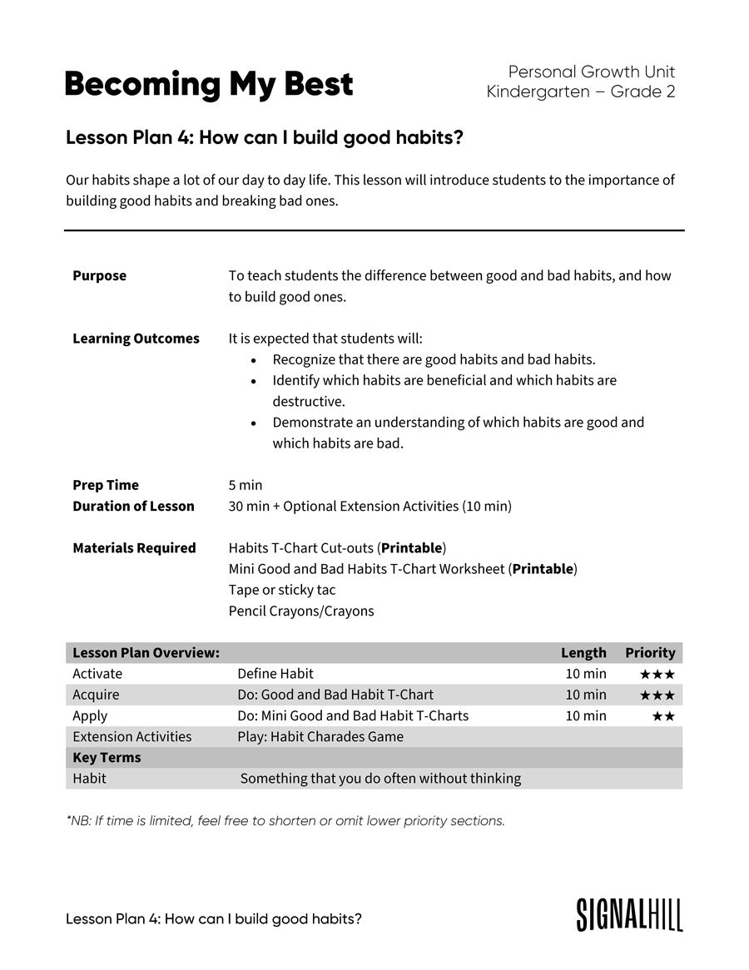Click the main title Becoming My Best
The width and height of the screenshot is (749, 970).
coord(208,84)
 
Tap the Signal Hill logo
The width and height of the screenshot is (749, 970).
coord(629,914)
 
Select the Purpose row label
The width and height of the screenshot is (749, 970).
coord(99,275)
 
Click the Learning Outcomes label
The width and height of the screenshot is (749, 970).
coord(136,339)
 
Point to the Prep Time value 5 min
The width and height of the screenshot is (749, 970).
coord(245,485)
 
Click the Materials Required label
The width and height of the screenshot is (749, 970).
coord(134,548)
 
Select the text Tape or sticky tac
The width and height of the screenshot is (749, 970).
coord(282,590)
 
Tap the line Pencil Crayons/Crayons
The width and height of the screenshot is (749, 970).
coord(301,611)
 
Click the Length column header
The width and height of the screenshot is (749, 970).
coord(583,653)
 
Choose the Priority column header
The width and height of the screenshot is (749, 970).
coord(650,653)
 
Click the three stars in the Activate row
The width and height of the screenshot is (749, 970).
coord(657,674)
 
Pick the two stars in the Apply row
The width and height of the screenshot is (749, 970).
coord(662,716)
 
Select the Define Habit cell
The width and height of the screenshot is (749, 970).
coord(275,674)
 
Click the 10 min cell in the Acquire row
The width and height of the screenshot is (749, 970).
coord(586,695)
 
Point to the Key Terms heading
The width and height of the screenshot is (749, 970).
coord(107,758)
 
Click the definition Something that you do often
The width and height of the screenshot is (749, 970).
coord(380,779)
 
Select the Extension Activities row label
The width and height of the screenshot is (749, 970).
coord(131,737)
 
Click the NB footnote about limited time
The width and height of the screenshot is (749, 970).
coord(285,821)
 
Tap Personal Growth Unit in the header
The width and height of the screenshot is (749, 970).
coord(591,72)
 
